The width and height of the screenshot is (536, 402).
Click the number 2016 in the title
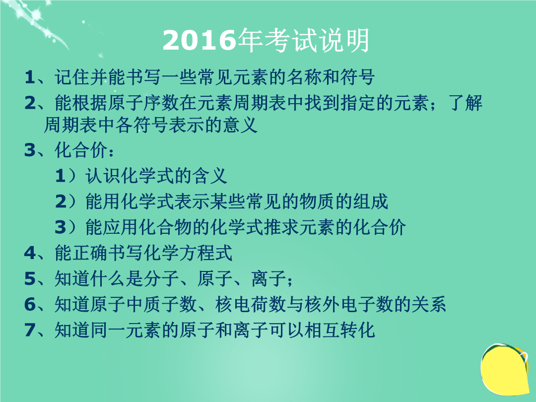pos(200,40)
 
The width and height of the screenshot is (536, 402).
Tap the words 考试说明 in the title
pos(304,40)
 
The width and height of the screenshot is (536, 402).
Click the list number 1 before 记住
pos(30,77)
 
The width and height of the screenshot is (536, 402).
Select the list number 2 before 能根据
pos(30,103)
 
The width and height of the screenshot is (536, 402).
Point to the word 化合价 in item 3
pos(81,150)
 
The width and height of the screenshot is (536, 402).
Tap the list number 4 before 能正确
pos(30,253)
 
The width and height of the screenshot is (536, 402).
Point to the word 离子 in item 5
pos(268,278)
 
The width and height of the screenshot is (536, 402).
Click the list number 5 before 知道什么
pos(30,278)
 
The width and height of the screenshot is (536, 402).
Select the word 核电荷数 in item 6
pos(251,304)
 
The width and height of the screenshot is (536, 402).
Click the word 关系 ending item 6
pos(429,304)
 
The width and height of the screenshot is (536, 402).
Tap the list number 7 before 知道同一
pos(30,330)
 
